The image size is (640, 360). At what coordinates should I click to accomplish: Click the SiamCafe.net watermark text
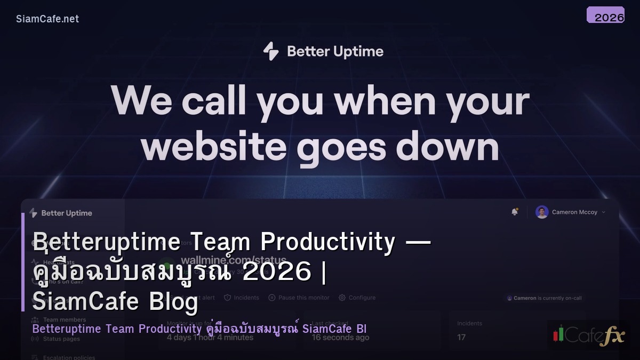pyautogui.click(x=47, y=19)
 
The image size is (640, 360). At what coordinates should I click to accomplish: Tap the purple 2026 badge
pyautogui.click(x=605, y=15)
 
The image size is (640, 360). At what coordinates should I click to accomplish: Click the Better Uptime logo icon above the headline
pyautogui.click(x=271, y=51)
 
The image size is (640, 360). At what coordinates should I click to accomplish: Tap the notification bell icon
pyautogui.click(x=515, y=212)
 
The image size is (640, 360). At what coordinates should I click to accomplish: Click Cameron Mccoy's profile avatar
pyautogui.click(x=542, y=212)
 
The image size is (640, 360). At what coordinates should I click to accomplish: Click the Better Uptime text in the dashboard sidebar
pyautogui.click(x=66, y=213)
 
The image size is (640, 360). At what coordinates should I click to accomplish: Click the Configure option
pyautogui.click(x=362, y=298)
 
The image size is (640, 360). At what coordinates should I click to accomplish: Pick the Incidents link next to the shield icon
pyautogui.click(x=246, y=298)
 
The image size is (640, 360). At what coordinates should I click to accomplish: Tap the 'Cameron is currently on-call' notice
pyautogui.click(x=544, y=298)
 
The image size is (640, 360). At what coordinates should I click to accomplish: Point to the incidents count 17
pyautogui.click(x=461, y=337)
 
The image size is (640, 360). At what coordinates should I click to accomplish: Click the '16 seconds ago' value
pyautogui.click(x=340, y=337)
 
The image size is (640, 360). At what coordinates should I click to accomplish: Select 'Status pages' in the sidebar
pyautogui.click(x=61, y=339)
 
